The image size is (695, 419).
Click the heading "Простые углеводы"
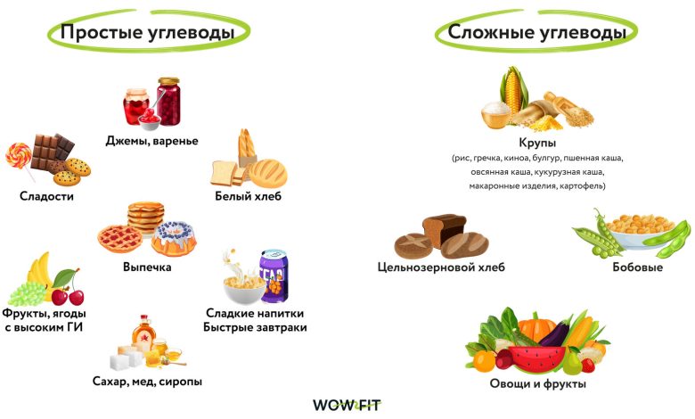click(147, 33)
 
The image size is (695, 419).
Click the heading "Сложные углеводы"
click(536, 33)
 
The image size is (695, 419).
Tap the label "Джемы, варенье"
click(151, 141)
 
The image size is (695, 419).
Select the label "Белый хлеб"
click(248, 196)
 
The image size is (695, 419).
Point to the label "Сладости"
click(46, 196)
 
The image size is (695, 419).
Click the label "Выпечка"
click(147, 267)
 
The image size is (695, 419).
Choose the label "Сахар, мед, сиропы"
click(147, 382)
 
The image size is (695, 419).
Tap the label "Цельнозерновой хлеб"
click(441, 267)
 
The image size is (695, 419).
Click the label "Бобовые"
click(637, 267)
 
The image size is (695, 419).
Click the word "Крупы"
click(537, 142)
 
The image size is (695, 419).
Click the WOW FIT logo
click(346, 405)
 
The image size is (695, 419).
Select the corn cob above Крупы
click(512, 89)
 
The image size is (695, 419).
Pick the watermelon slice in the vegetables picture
click(533, 358)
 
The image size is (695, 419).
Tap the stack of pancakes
click(145, 216)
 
